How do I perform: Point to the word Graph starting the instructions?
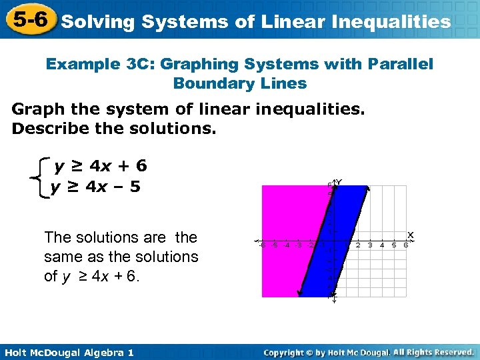[39, 109]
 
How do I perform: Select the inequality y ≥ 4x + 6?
[101, 165]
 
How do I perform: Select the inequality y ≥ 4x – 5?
[96, 187]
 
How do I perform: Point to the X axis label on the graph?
[411, 235]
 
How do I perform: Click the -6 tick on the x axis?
[261, 245]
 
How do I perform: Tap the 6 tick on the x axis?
[405, 245]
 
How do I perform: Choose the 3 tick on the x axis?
[369, 245]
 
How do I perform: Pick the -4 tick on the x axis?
[286, 245]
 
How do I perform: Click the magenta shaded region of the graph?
[287, 213]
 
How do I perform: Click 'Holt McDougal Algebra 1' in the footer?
[69, 352]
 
